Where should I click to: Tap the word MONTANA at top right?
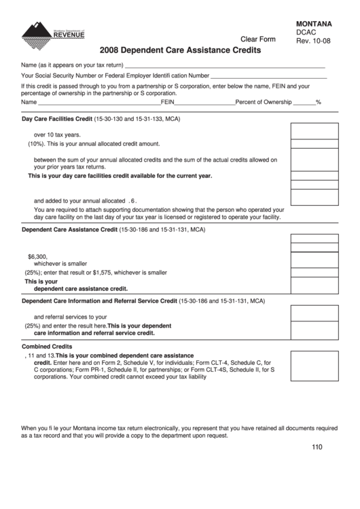point(314,23)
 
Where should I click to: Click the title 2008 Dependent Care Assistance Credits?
point(180,50)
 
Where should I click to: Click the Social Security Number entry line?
point(268,76)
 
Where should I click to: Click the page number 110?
point(317,446)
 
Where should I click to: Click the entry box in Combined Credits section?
point(314,366)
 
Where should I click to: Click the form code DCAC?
point(307,32)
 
